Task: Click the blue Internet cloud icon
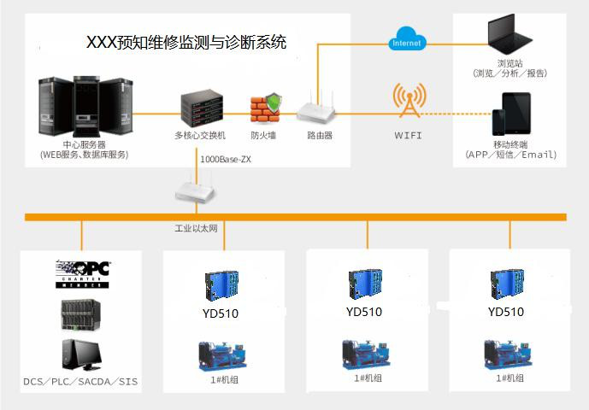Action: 406,39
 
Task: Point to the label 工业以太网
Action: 196,229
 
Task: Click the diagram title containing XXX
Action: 187,42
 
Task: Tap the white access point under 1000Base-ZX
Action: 196,185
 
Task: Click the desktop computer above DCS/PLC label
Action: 83,354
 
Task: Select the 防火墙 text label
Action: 263,135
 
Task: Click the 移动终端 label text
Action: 510,144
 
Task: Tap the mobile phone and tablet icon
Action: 511,112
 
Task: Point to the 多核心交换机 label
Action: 199,135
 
